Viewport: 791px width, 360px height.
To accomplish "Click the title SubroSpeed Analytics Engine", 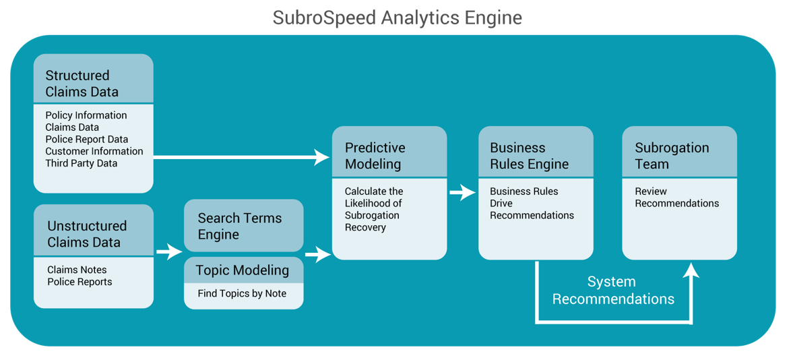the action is [397, 18].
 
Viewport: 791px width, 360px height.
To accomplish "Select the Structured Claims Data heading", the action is [82, 84].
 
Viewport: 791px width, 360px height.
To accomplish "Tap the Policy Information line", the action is [86, 115].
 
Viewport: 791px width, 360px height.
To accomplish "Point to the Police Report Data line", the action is [87, 140].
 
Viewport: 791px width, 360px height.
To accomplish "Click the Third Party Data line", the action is [82, 164].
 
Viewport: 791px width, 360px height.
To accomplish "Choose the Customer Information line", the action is [94, 152].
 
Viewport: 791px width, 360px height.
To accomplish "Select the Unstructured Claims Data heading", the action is [87, 234].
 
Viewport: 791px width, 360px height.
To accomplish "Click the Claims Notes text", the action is [77, 270].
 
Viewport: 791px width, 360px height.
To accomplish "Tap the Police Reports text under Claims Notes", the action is [80, 282].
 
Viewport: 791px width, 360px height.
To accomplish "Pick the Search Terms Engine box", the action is [244, 225].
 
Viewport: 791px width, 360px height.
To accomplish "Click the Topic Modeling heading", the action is [243, 270].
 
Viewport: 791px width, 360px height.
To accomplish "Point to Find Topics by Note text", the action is [242, 293].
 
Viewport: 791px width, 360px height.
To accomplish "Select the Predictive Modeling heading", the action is [375, 156].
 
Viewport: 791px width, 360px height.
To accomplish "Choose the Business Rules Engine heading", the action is [529, 156].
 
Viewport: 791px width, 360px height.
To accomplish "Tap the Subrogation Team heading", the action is [672, 156].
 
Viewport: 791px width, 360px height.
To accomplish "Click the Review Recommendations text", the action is [677, 198].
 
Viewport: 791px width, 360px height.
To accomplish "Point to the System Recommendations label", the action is [613, 290].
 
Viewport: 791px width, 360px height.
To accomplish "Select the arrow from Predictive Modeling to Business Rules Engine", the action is [463, 192].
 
